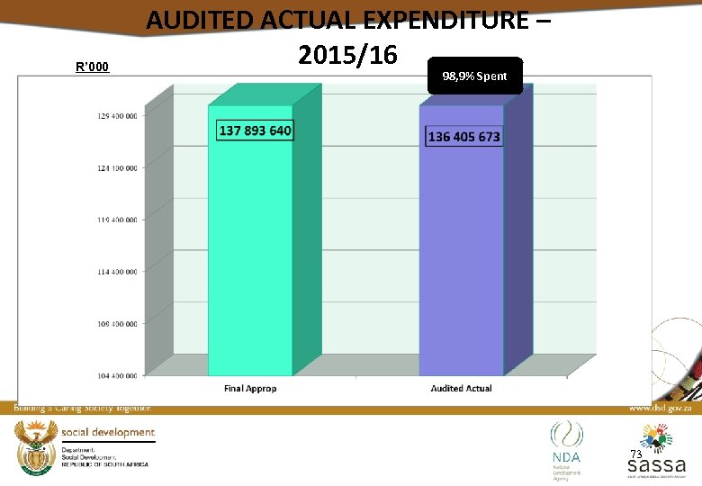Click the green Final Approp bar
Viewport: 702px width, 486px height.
click(x=250, y=252)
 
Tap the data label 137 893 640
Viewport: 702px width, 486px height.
click(x=256, y=130)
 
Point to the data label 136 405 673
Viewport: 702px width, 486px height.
click(x=464, y=137)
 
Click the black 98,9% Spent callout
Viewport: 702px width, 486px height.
click(x=474, y=76)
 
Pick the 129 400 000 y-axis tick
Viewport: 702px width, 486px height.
click(x=118, y=116)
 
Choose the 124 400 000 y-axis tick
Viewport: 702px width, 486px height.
click(x=118, y=167)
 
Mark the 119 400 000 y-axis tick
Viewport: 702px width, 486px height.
click(x=118, y=219)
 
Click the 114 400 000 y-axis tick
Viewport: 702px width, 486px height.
click(x=118, y=271)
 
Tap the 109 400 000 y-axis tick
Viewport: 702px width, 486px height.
click(x=118, y=322)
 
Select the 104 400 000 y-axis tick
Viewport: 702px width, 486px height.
click(x=118, y=374)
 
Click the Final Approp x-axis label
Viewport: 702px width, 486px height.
click(x=250, y=389)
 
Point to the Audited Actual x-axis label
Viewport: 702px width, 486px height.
click(x=461, y=389)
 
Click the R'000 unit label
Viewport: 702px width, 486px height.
click(x=93, y=67)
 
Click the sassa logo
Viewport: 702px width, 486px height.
click(x=656, y=454)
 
